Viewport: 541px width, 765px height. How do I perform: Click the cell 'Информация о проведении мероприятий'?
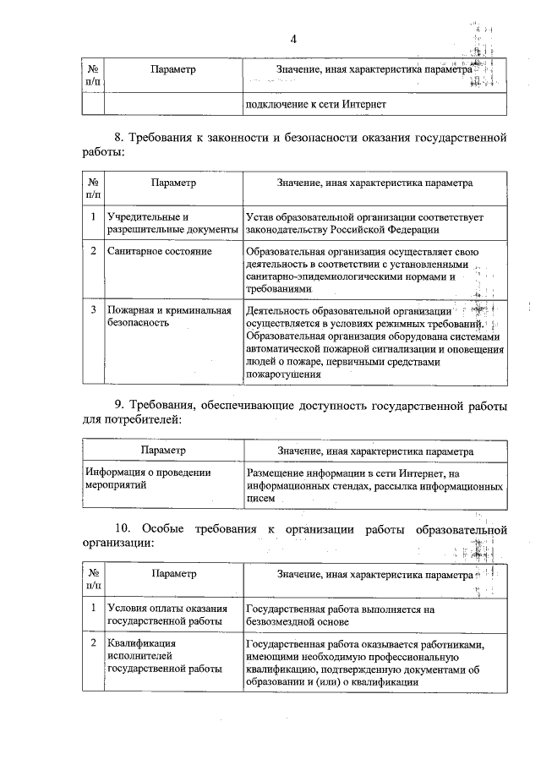(148, 479)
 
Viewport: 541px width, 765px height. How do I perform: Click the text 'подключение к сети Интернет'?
(315, 105)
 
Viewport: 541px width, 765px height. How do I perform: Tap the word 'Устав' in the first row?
(260, 217)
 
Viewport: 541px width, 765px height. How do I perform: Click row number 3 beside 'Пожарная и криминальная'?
(92, 310)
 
